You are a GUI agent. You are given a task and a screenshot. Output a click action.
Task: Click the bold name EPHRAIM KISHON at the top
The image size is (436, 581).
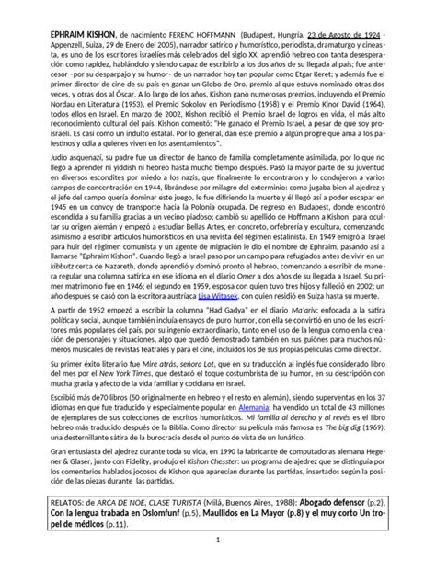tap(69, 30)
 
